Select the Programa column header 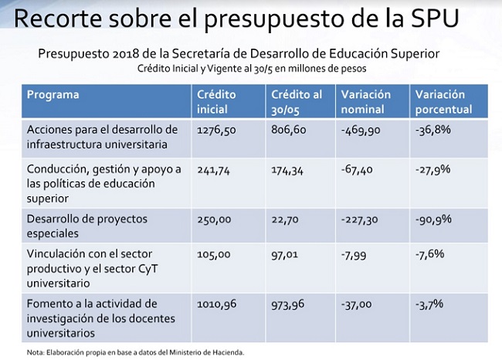(x=53, y=95)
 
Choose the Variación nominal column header (x=366, y=102)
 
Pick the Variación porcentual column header (x=443, y=102)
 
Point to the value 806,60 (x=290, y=131)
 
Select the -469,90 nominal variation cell (x=361, y=131)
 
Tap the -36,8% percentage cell (x=432, y=131)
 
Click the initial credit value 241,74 (x=213, y=169)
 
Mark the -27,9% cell (x=432, y=169)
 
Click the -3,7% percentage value (x=429, y=304)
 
